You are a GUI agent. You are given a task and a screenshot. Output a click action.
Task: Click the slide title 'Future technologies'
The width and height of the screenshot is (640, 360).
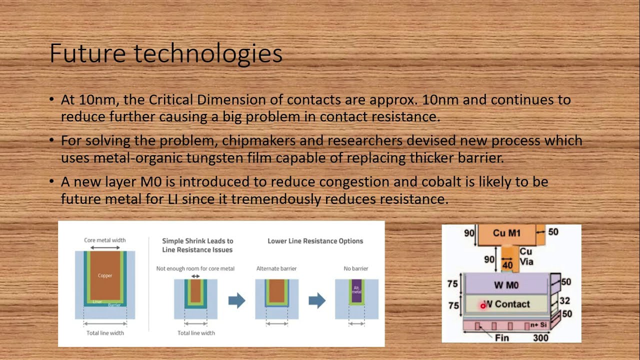point(166,54)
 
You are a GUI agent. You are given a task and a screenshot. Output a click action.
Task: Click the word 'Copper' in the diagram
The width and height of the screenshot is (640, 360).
point(105,275)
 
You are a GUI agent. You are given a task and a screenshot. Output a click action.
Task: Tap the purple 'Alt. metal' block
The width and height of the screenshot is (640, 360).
point(356,291)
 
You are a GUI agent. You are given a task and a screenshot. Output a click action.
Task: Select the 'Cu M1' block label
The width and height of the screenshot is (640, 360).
point(506,233)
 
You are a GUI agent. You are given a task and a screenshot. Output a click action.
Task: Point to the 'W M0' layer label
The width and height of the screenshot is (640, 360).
point(506,285)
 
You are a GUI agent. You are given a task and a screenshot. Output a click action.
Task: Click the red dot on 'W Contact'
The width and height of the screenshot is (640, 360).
point(483,305)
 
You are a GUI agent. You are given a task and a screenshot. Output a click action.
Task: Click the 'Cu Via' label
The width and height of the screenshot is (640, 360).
point(526,256)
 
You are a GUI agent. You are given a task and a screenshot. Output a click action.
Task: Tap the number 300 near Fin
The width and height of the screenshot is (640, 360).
point(540,337)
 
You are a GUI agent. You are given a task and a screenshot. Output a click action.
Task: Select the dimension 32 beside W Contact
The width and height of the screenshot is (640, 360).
point(564,300)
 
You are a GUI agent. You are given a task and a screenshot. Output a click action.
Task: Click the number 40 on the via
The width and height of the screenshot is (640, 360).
point(507,265)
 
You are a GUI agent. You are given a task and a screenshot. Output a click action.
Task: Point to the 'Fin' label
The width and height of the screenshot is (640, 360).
point(501,338)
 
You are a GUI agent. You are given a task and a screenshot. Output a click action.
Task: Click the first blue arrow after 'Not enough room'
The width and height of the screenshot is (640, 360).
point(236,300)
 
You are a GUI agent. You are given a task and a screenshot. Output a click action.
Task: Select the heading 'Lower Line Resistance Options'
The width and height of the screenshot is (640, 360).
point(315,241)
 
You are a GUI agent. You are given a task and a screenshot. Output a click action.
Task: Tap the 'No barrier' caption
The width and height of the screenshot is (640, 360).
point(356,268)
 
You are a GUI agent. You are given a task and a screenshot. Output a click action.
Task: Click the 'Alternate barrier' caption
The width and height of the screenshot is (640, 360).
point(276,268)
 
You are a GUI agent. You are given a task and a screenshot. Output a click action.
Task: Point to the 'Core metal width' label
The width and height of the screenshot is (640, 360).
point(105,240)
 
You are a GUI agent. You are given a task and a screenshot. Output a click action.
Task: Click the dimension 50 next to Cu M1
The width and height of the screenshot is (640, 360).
point(553,232)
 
